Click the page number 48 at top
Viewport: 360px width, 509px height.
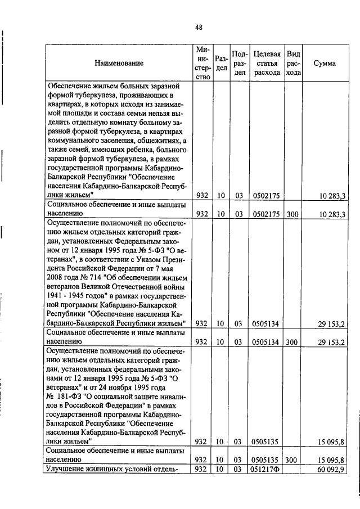click(x=199, y=27)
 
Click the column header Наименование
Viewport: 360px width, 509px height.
click(x=119, y=64)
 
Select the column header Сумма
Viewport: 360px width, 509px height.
click(x=325, y=64)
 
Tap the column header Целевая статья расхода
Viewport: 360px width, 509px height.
click(x=267, y=64)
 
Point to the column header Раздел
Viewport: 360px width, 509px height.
click(x=221, y=64)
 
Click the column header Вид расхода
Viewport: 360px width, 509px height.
click(x=293, y=64)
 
